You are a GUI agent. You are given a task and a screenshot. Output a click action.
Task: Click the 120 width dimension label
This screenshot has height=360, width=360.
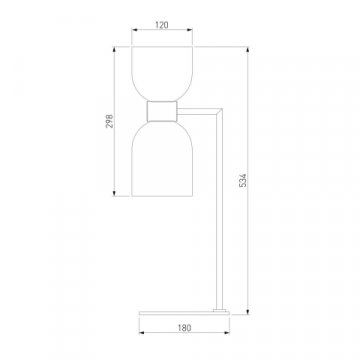pos(162,25)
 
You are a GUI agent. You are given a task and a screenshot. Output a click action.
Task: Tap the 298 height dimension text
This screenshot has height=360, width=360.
pos(110,121)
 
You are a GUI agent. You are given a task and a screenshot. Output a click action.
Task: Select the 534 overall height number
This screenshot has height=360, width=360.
pos(243,180)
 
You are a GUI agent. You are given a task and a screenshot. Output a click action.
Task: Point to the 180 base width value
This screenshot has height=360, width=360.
pos(184,328)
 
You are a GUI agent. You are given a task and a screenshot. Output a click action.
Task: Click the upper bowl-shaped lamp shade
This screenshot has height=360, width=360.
pos(162,74)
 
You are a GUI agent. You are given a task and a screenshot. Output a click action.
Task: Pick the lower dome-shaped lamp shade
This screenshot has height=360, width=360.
pos(162,159)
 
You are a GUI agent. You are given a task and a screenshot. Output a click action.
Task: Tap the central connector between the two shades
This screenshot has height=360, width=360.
pos(162,111)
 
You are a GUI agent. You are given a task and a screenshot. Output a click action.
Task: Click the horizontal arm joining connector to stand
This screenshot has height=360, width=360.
pos(197,112)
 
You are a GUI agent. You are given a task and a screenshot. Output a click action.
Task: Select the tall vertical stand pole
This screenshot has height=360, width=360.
pos(219,210)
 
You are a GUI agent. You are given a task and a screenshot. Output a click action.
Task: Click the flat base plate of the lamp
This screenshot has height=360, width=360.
pos(184,313)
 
